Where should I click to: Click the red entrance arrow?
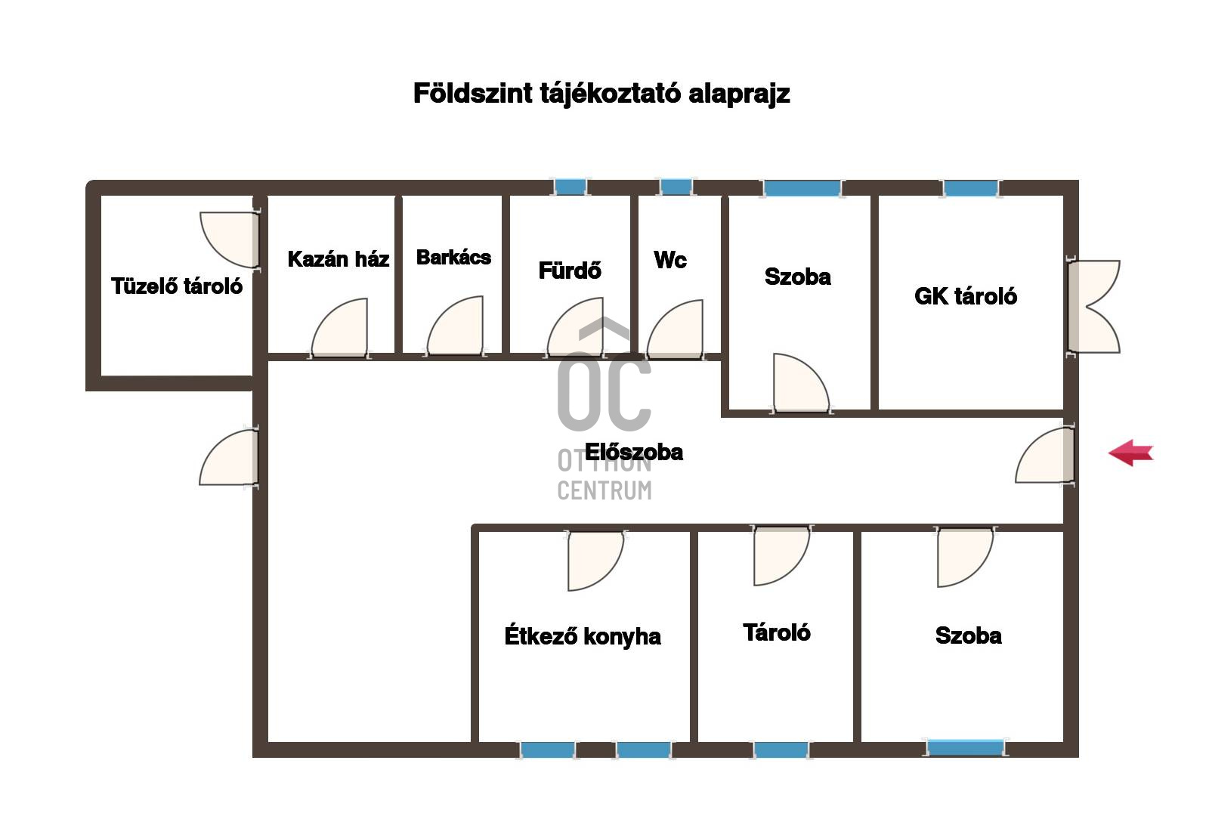pos(1131,453)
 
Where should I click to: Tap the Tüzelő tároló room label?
pos(177,286)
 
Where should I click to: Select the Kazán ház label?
pos(339,259)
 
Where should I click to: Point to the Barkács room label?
pos(453,258)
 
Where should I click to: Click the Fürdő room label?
pos(570,270)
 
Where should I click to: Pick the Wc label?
pos(670,260)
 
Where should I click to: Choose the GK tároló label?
pos(966,296)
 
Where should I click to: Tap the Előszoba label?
pos(634,453)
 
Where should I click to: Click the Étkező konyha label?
pos(583,636)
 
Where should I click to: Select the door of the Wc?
pos(676,330)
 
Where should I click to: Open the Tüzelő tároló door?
pos(230,240)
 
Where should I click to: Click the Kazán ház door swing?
pos(340,328)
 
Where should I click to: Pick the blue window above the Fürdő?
pos(570,187)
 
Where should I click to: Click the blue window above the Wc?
pos(676,187)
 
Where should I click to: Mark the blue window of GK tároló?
pos(970,188)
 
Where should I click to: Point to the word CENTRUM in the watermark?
pos(604,490)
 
